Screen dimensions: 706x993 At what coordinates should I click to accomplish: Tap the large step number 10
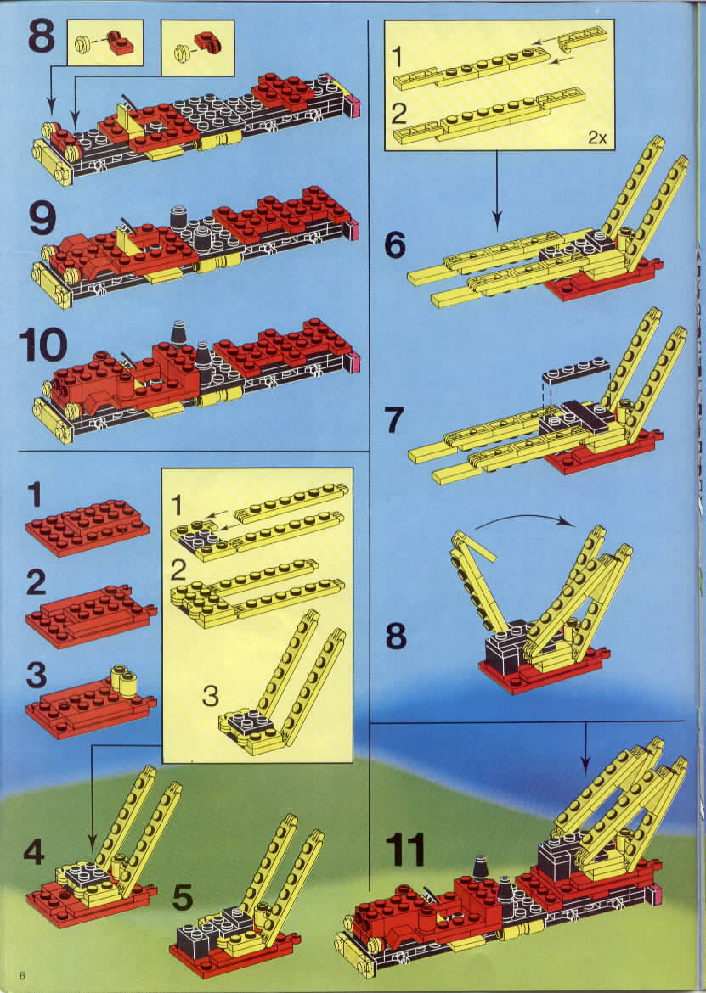click(42, 345)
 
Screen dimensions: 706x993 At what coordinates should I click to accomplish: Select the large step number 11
click(405, 850)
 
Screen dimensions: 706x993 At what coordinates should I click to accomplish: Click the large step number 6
click(394, 244)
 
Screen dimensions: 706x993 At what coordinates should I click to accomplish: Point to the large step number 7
click(394, 419)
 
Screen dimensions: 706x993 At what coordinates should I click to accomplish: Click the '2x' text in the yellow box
click(597, 137)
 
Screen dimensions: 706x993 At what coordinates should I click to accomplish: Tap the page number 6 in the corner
click(22, 974)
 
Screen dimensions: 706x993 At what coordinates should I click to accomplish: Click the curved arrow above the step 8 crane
click(524, 519)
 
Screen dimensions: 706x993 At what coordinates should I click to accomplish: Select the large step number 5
click(183, 897)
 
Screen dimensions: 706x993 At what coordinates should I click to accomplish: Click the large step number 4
click(34, 852)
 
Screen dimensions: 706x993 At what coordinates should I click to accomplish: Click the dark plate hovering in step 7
click(575, 373)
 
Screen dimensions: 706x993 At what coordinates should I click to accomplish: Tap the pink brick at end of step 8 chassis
click(354, 106)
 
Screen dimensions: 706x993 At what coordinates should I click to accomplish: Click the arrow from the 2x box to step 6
click(497, 190)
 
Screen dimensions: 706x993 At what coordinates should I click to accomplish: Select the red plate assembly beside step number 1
click(88, 528)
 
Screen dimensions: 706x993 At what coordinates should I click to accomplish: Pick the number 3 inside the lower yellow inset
click(210, 696)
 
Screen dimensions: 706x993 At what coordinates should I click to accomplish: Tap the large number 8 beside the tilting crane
click(395, 635)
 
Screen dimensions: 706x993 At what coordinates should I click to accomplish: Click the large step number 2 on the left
click(37, 582)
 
